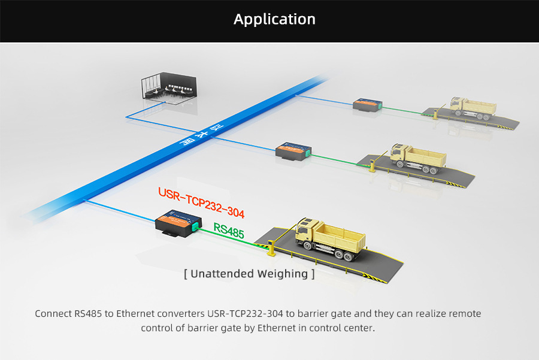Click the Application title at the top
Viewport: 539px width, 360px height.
(274, 19)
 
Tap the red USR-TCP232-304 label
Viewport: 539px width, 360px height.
(201, 202)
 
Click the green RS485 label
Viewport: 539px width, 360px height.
(229, 231)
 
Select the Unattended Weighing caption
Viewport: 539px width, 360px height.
(249, 274)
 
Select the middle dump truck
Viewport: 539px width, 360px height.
(417, 157)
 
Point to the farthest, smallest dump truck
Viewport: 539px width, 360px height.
(473, 107)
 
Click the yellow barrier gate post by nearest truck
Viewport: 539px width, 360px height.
(270, 246)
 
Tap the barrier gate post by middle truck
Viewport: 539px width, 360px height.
(372, 165)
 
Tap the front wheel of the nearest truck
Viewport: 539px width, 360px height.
(307, 245)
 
